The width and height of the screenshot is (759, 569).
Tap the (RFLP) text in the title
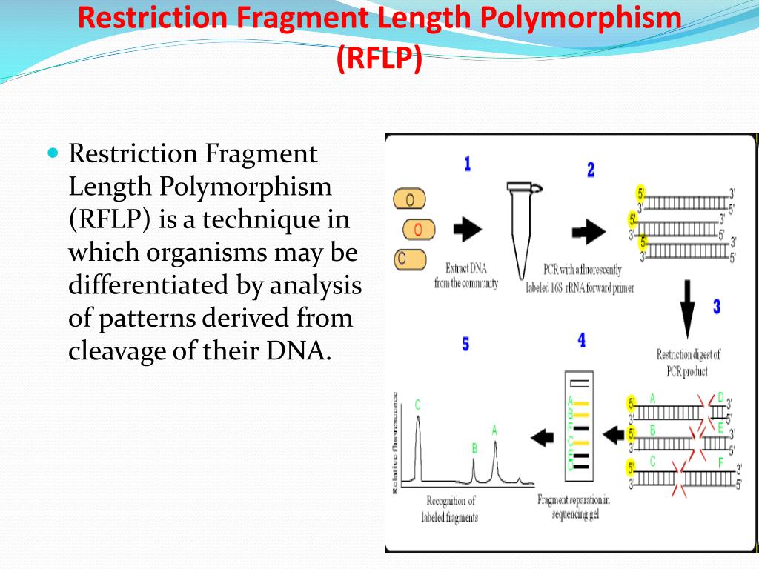379,57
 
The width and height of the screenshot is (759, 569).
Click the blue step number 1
467,164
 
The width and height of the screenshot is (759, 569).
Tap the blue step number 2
591,170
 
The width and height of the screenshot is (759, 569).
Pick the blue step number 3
717,306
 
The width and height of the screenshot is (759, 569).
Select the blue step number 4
582,340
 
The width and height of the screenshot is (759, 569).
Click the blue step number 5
465,345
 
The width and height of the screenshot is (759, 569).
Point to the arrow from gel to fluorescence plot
543,438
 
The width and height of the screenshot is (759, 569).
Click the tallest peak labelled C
418,445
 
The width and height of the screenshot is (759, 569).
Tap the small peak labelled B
474,468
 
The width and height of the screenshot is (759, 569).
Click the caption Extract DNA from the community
466,276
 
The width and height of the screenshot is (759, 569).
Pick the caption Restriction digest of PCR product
688,362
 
